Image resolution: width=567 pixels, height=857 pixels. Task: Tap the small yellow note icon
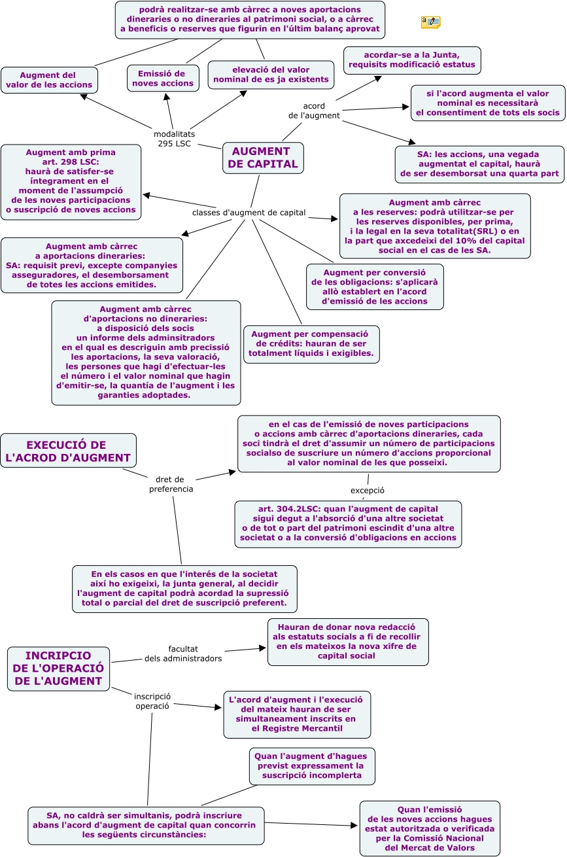[430, 23]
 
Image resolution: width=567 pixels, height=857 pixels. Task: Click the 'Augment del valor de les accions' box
[50, 80]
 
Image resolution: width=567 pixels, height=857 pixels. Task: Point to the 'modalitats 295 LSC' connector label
[174, 139]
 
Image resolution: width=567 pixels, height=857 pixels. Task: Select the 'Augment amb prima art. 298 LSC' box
[71, 181]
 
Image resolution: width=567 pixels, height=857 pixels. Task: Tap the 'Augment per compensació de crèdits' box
[311, 343]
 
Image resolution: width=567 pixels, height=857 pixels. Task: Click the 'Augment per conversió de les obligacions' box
[375, 286]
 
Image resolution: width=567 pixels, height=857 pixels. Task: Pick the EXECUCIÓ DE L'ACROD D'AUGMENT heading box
[68, 451]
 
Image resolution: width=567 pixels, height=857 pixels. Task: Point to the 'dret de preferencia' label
[171, 483]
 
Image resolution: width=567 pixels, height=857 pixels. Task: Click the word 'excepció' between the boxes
[367, 490]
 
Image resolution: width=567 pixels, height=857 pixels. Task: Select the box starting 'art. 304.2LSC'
[348, 523]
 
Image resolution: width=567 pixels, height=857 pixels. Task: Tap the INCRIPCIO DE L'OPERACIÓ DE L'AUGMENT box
[58, 669]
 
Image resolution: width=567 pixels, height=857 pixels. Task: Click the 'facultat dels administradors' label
[183, 654]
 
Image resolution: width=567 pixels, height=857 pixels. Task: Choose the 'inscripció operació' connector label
[152, 701]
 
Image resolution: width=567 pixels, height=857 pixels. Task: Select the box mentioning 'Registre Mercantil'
[297, 714]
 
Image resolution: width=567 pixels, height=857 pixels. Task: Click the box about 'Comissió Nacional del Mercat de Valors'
[430, 828]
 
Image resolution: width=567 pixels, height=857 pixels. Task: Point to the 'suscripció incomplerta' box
[312, 766]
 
